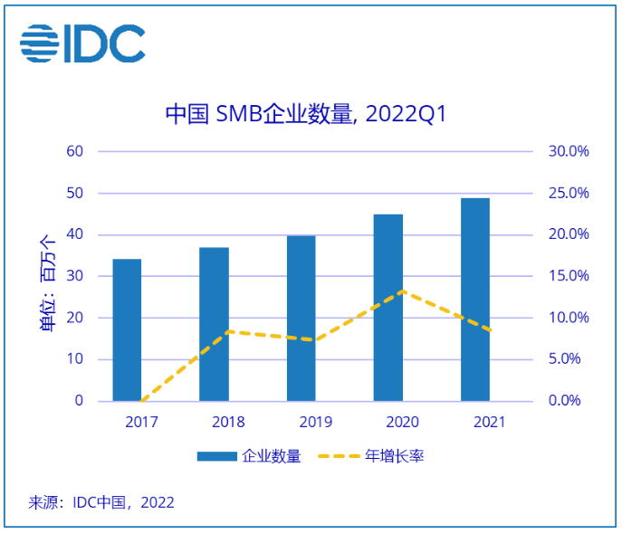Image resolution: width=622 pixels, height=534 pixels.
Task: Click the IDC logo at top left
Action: (x=82, y=43)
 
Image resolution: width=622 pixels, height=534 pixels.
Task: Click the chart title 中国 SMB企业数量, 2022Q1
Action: (x=305, y=114)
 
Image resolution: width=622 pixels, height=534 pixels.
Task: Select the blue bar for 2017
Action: (x=127, y=329)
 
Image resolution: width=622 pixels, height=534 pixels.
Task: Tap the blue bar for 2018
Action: (x=214, y=324)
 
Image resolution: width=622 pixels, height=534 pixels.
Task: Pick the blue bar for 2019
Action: (x=301, y=318)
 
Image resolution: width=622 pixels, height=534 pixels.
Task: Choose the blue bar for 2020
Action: (x=388, y=307)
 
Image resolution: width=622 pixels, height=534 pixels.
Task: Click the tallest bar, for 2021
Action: (x=474, y=299)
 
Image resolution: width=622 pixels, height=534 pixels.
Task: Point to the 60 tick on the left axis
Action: (x=75, y=151)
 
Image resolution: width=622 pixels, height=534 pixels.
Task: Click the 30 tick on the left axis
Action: (x=75, y=276)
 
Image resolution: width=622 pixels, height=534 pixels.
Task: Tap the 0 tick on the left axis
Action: (x=79, y=401)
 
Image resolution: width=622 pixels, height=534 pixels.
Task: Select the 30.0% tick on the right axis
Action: (x=569, y=151)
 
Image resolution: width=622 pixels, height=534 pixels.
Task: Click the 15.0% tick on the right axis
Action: (x=569, y=276)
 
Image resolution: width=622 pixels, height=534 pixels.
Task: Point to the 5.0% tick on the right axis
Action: (x=570, y=359)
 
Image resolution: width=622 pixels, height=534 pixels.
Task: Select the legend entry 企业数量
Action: (x=249, y=456)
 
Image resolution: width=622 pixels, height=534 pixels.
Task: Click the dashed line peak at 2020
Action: (x=402, y=291)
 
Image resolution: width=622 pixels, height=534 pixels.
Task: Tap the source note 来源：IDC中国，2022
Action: (x=101, y=502)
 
